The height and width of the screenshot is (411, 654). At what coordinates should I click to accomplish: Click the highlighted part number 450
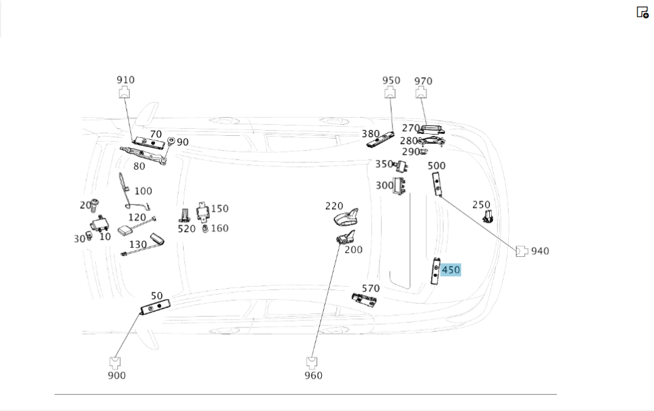451,270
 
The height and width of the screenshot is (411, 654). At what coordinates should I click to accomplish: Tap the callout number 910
126,80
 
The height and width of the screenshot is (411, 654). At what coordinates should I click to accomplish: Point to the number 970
423,81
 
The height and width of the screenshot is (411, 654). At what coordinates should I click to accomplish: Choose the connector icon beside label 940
522,251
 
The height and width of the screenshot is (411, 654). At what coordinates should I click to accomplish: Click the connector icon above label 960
312,361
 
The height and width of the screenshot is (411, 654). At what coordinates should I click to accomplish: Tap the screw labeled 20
94,205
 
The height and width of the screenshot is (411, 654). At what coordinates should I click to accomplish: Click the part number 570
371,288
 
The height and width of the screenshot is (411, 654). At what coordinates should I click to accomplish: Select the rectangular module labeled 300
400,186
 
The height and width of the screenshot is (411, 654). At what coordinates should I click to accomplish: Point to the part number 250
481,205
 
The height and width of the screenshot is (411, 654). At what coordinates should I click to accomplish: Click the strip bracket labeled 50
156,306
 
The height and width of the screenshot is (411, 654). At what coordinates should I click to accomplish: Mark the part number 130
138,244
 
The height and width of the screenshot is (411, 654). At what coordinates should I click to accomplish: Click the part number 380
371,134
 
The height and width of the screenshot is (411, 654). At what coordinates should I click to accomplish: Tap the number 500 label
437,165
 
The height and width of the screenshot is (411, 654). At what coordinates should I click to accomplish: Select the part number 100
143,191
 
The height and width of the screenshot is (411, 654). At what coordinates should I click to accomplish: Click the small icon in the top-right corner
642,12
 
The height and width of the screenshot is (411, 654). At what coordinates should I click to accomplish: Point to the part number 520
186,228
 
